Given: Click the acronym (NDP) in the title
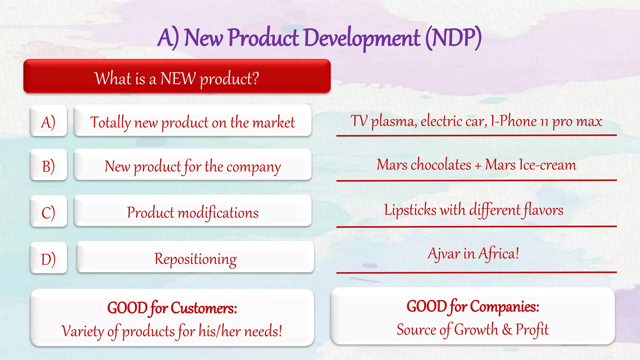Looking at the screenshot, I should pyautogui.click(x=453, y=38).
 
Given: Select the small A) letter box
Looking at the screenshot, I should pyautogui.click(x=48, y=121).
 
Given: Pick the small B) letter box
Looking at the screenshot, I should pyautogui.click(x=48, y=166).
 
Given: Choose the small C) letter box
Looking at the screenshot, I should pyautogui.click(x=48, y=212).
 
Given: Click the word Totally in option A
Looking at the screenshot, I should pyautogui.click(x=110, y=122).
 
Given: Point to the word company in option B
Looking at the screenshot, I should pyautogui.click(x=253, y=167).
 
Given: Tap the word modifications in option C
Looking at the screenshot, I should pyautogui.click(x=218, y=213).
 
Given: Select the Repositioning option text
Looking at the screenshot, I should pyautogui.click(x=195, y=259).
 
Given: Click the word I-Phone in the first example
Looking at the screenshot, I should pyautogui.click(x=513, y=121).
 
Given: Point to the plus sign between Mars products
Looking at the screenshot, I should pyautogui.click(x=478, y=166).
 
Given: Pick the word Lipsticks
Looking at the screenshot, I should pyautogui.click(x=410, y=210).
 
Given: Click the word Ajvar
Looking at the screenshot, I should pyautogui.click(x=443, y=253).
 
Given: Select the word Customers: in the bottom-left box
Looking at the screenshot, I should pyautogui.click(x=204, y=308).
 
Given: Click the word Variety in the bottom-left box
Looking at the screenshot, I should pyautogui.click(x=82, y=331).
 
